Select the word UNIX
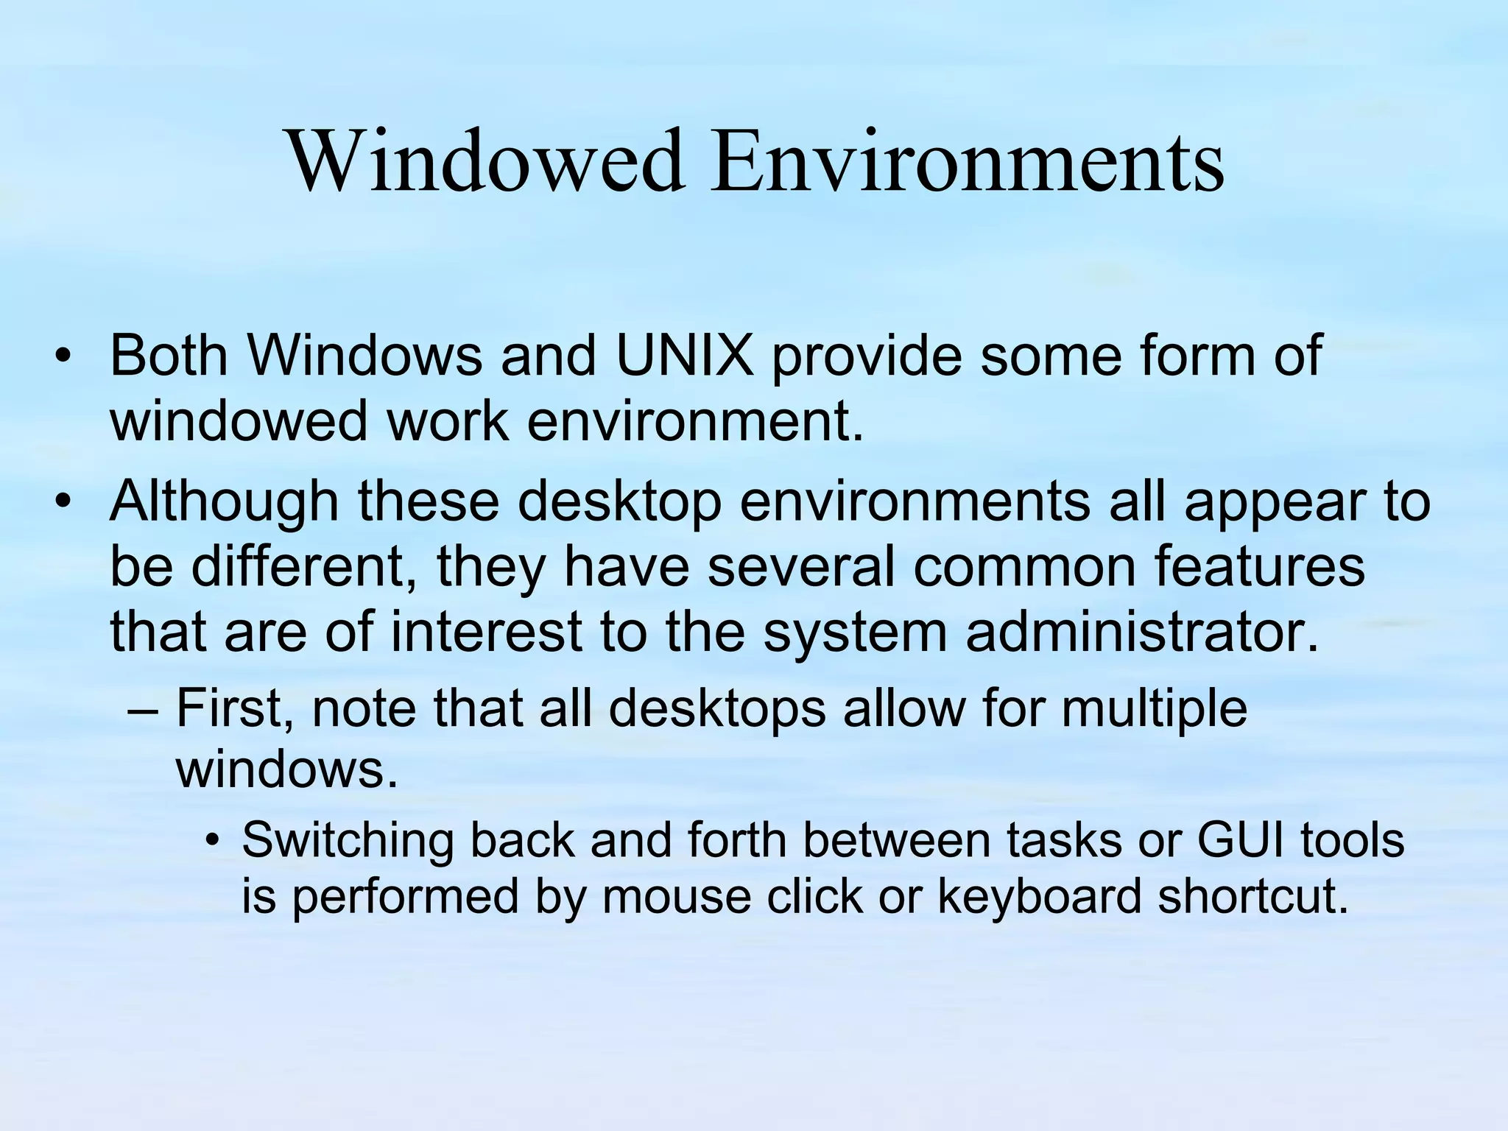(685, 355)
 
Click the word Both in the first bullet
(169, 355)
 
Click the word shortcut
(1252, 896)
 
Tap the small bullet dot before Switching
(213, 842)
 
